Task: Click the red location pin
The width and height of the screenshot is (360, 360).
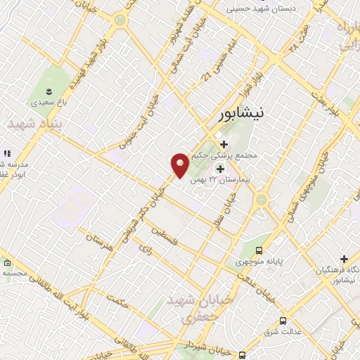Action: [x=181, y=166]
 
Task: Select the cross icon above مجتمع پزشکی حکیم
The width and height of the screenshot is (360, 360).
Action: [x=224, y=144]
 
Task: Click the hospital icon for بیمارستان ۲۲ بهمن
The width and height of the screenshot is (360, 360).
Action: [x=220, y=169]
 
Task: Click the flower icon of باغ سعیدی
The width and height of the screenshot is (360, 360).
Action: [x=49, y=91]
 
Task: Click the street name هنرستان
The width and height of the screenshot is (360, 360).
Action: [x=100, y=240]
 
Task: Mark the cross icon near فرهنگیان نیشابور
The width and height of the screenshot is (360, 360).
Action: [x=344, y=259]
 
